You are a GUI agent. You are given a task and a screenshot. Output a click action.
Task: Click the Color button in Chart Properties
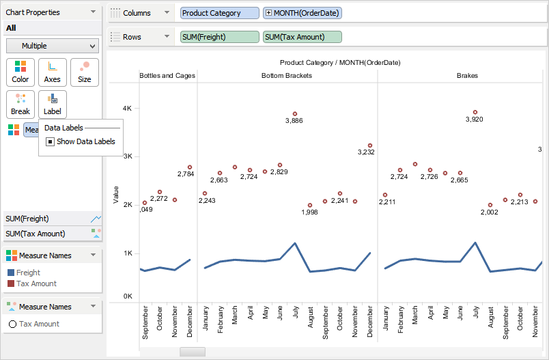20,72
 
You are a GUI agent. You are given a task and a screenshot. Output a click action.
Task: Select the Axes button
53,72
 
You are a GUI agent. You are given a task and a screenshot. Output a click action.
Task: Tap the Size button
85,72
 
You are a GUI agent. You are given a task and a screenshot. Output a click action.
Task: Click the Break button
20,104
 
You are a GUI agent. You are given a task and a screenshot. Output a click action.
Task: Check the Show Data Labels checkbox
51,141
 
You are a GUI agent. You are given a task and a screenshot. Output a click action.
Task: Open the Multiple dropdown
53,46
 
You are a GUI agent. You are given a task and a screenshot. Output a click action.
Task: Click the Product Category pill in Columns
220,13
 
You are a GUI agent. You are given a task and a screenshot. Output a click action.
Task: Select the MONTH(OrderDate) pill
302,13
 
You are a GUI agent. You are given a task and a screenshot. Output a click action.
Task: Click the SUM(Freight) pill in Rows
220,37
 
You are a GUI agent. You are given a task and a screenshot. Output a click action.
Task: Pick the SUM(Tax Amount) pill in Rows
302,37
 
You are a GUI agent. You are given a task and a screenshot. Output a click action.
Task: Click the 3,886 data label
294,121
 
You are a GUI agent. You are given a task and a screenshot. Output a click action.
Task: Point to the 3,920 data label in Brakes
474,120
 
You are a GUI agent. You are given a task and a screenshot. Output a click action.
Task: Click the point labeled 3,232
369,146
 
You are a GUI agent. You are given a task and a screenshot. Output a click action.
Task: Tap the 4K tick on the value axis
127,108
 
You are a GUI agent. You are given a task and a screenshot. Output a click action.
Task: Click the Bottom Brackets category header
287,76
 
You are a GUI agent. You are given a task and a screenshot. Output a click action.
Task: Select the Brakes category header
467,76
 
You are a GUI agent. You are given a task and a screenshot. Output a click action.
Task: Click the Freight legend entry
28,273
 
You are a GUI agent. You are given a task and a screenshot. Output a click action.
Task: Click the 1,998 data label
309,212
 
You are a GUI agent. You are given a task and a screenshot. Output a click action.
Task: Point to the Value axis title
116,195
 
